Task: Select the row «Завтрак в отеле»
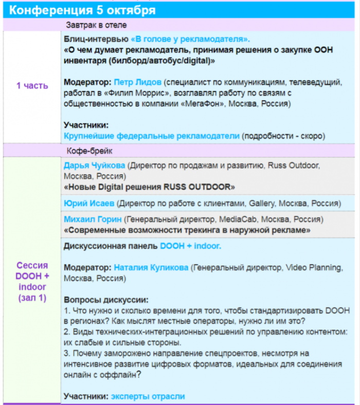tap(96, 25)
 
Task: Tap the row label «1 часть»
tap(32, 86)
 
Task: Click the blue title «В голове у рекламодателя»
tap(190, 39)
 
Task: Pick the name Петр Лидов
tap(136, 82)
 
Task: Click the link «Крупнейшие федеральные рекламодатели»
tap(152, 136)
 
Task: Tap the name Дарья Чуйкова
tap(94, 165)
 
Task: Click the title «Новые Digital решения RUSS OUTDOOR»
tap(149, 187)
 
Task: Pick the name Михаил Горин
tap(93, 219)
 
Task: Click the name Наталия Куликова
tap(151, 268)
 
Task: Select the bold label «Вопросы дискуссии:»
tap(106, 300)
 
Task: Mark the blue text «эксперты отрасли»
tap(148, 396)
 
